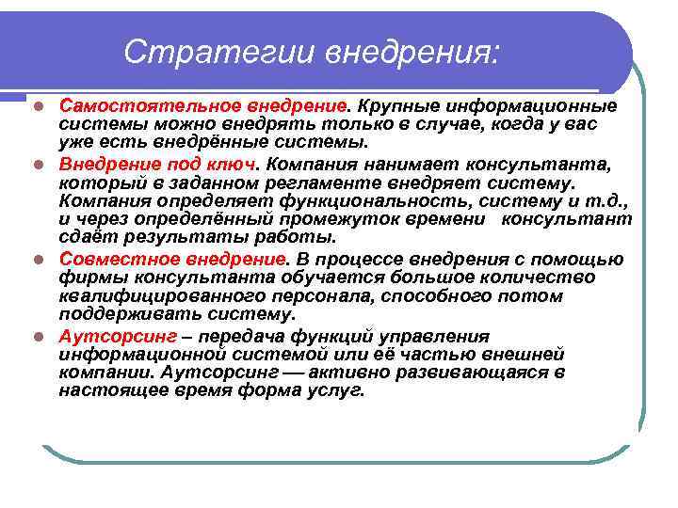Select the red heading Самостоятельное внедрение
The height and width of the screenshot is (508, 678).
[203, 105]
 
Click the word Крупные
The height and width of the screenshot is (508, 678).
[399, 105]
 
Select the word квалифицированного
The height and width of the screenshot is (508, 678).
[145, 297]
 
